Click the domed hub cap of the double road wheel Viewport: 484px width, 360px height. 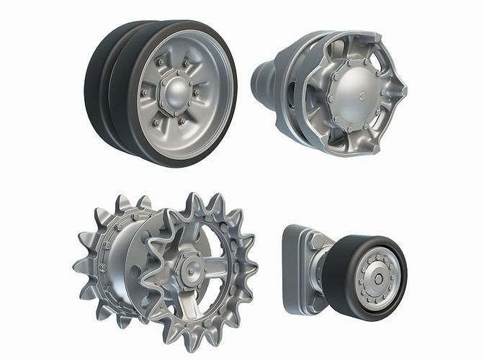(x=176, y=92)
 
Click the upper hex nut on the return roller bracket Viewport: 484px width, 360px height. (x=316, y=242)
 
